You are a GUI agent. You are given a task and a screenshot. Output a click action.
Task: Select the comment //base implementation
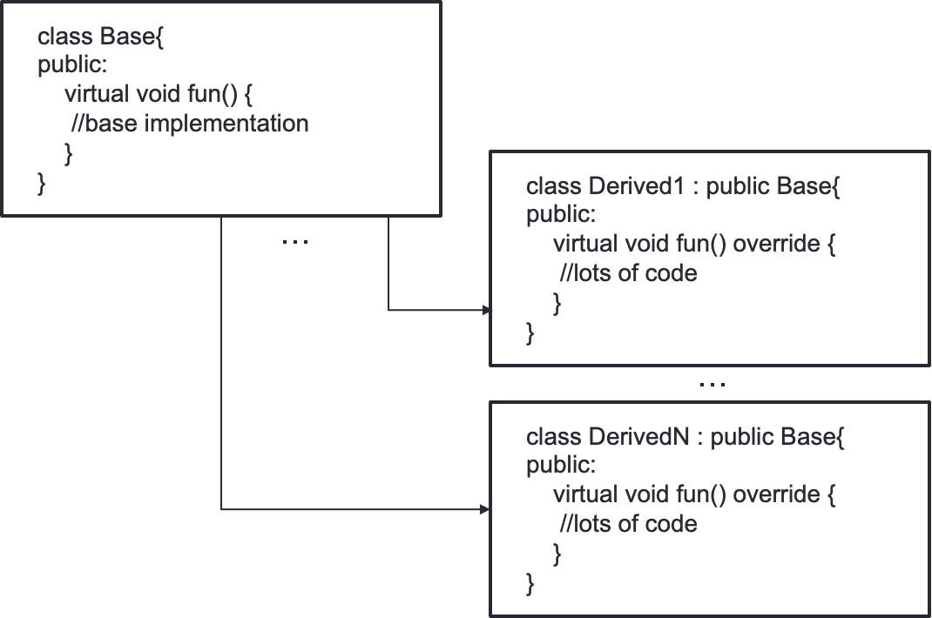(x=190, y=124)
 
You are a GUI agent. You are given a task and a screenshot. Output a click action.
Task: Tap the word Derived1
(x=638, y=186)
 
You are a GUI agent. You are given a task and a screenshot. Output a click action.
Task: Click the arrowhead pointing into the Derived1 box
(x=487, y=310)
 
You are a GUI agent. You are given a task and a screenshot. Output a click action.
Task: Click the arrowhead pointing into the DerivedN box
(x=484, y=509)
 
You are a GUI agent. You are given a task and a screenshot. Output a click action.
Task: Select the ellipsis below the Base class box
(x=294, y=242)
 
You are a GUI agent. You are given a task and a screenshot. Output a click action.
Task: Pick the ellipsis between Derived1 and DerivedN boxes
(x=713, y=385)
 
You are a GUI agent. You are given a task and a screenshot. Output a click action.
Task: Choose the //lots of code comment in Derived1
(x=628, y=273)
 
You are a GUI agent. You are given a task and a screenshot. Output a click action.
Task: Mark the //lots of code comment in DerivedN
(x=628, y=524)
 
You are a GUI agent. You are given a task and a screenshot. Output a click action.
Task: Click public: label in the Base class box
(x=72, y=65)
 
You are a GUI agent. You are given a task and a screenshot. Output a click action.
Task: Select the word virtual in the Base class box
(x=97, y=94)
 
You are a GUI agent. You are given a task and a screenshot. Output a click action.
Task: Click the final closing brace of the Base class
(x=41, y=184)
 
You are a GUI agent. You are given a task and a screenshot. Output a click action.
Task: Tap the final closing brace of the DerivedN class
(x=530, y=584)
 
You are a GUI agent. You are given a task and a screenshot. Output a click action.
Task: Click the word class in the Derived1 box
(x=554, y=186)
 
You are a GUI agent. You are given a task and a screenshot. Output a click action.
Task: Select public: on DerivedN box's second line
(x=561, y=466)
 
